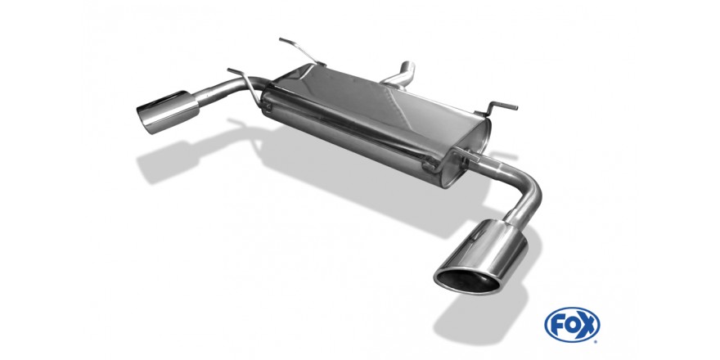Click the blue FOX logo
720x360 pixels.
tap(572, 325)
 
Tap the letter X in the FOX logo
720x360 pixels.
tap(588, 325)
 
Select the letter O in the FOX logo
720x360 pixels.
tap(571, 325)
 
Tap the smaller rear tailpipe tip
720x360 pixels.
tap(167, 111)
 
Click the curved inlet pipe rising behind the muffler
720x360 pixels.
tap(400, 76)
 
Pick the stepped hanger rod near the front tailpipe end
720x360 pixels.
tap(497, 107)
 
